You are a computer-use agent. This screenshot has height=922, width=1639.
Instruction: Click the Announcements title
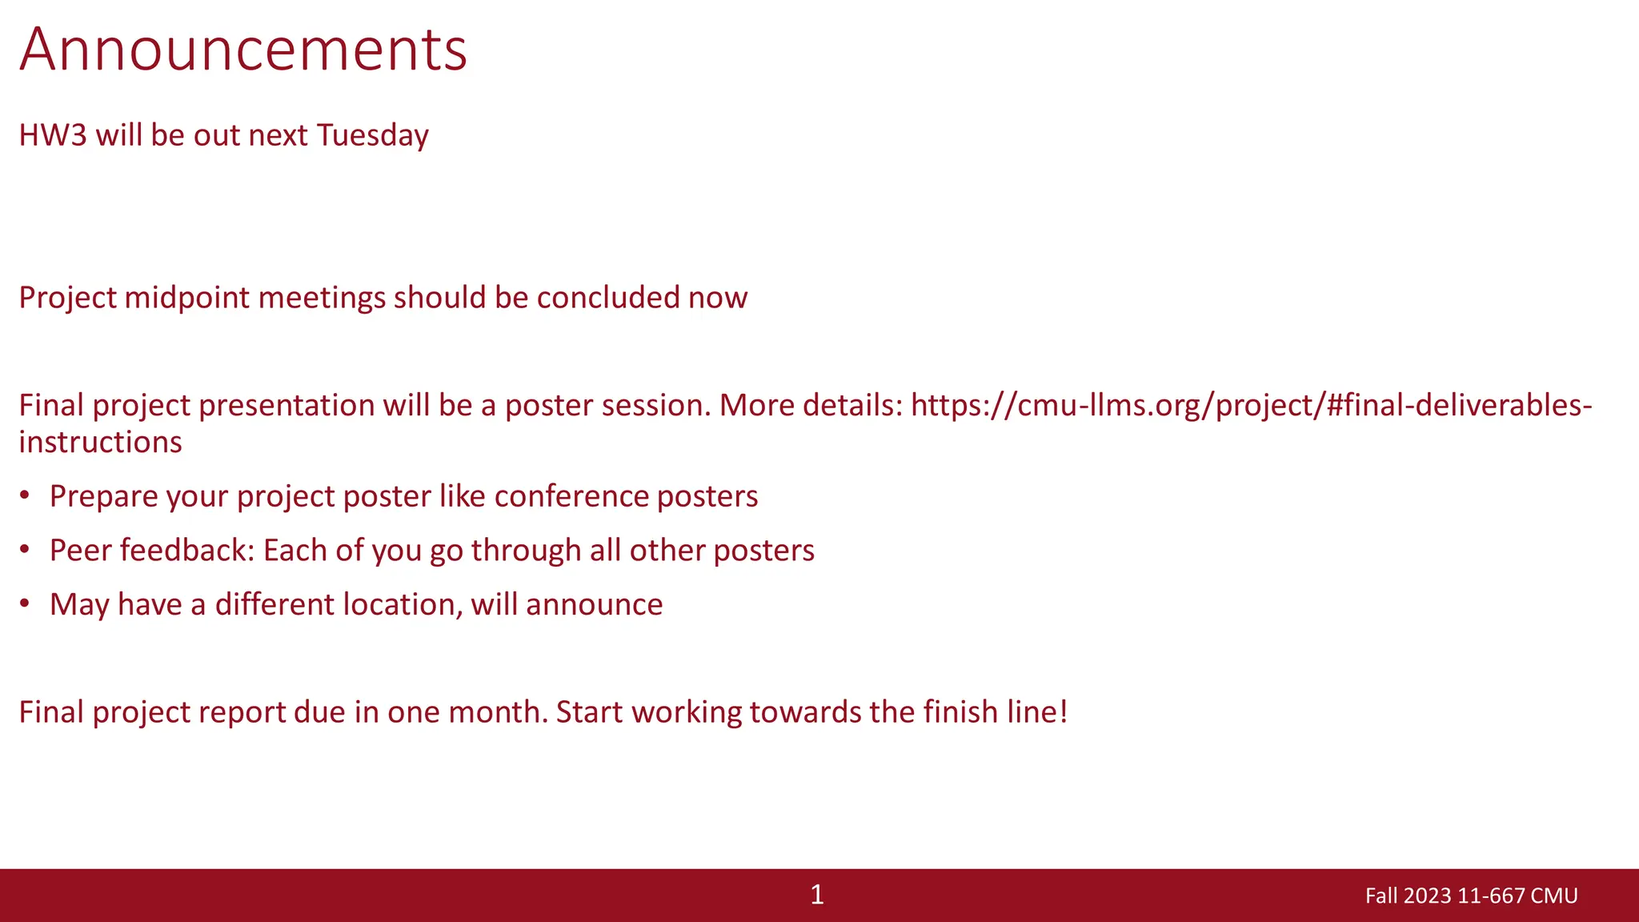(x=243, y=50)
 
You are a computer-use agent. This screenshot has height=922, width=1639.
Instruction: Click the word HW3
(x=52, y=135)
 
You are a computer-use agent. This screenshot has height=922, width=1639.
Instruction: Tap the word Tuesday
(x=372, y=135)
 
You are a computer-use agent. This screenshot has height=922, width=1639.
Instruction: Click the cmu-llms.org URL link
(x=1251, y=405)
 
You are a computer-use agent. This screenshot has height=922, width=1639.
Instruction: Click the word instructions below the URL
(x=100, y=442)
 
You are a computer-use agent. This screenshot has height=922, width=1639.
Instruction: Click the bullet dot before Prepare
(x=25, y=495)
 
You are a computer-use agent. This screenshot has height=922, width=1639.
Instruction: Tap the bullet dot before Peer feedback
(x=25, y=550)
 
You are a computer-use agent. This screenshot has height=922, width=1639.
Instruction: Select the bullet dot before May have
(x=25, y=603)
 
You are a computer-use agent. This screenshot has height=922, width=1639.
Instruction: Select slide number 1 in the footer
(x=816, y=895)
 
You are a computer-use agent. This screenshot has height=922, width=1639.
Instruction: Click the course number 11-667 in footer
(x=1491, y=896)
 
